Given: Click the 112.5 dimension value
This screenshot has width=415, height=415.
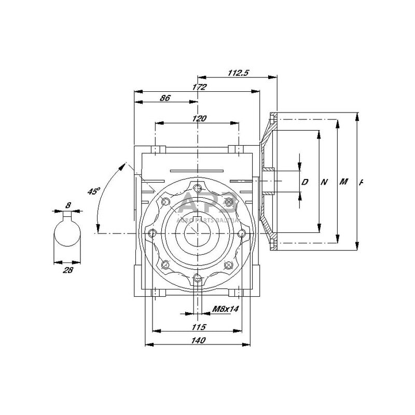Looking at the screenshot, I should (239, 73).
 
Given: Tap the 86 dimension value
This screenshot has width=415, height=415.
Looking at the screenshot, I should (165, 97).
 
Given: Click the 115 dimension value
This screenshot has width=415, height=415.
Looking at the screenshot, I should (199, 327).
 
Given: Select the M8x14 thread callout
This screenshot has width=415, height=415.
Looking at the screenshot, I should (225, 309).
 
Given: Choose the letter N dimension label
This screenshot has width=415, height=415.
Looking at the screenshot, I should (324, 182).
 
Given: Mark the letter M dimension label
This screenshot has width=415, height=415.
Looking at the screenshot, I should (343, 182).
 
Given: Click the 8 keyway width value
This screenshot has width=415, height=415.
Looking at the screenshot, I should (68, 205).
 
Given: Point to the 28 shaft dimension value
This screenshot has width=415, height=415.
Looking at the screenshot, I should (68, 270).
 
